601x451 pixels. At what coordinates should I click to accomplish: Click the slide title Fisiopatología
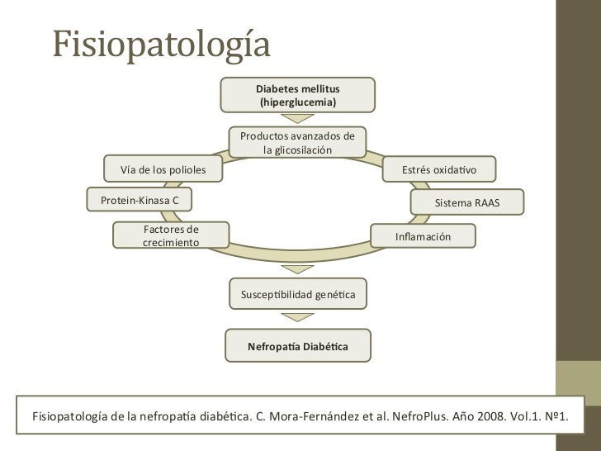[162, 46]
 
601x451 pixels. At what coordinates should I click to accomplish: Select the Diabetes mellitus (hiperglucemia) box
[297, 95]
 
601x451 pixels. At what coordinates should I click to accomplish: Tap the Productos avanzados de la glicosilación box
[297, 142]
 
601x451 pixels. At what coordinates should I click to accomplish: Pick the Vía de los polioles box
[163, 170]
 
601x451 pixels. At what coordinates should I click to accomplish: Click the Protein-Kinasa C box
[140, 201]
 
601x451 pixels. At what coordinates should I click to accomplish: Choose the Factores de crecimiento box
[171, 235]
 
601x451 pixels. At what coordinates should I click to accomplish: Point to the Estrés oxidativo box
[439, 170]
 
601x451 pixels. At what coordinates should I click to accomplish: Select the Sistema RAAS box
[466, 202]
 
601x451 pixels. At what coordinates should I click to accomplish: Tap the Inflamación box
[423, 236]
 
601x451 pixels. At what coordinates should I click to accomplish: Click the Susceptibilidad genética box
[297, 294]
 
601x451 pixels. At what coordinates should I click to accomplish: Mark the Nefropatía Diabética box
[297, 346]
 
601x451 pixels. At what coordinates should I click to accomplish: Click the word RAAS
[485, 202]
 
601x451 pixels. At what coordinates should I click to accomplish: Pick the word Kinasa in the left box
[152, 201]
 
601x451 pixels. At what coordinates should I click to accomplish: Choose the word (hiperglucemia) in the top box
[297, 102]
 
